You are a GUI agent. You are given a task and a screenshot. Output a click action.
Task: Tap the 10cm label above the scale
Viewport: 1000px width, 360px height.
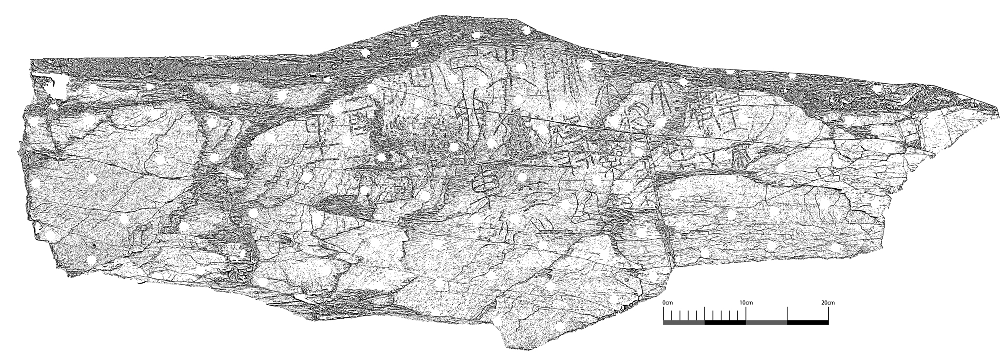coord(746,303)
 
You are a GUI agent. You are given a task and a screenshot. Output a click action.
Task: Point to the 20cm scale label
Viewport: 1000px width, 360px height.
coord(828,303)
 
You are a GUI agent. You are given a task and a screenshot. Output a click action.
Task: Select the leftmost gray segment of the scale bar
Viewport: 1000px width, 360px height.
coord(684,322)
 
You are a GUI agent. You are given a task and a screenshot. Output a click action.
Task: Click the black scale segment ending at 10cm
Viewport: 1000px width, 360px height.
coord(725,322)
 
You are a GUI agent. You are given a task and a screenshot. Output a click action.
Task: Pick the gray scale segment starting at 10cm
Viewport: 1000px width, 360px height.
coord(766,322)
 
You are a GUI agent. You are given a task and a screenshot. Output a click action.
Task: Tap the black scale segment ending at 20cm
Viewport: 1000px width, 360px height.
coord(808,322)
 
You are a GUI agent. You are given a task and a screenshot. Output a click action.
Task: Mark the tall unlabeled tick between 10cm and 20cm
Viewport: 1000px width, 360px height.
coord(787,315)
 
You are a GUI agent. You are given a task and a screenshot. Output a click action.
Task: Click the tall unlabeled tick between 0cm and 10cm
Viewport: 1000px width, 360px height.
coord(705,315)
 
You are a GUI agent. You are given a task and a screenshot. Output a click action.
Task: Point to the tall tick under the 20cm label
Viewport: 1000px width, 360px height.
coord(829,315)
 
